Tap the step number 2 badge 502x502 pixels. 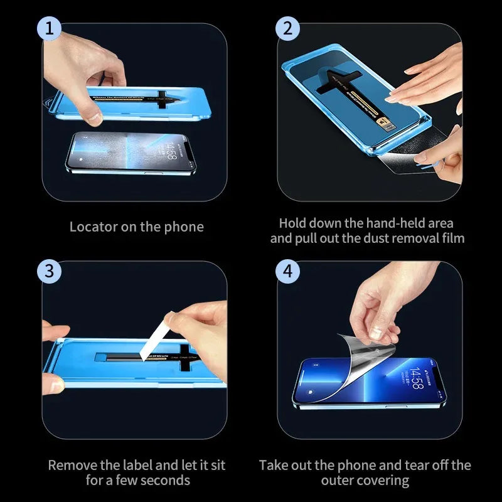pyautogui.click(x=287, y=29)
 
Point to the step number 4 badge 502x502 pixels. pyautogui.click(x=287, y=271)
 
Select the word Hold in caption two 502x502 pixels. pyautogui.click(x=293, y=223)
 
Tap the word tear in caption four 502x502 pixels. pyautogui.click(x=411, y=466)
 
